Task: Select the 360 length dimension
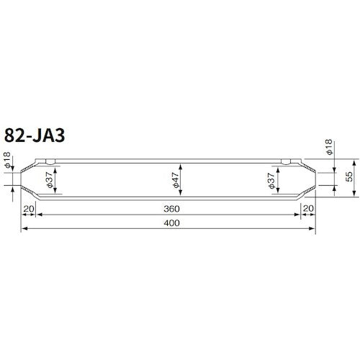(x=171, y=208)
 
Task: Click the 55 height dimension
(x=348, y=177)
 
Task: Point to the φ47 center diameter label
(x=176, y=178)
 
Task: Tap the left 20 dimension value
(x=30, y=208)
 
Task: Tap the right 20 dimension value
(x=307, y=208)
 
